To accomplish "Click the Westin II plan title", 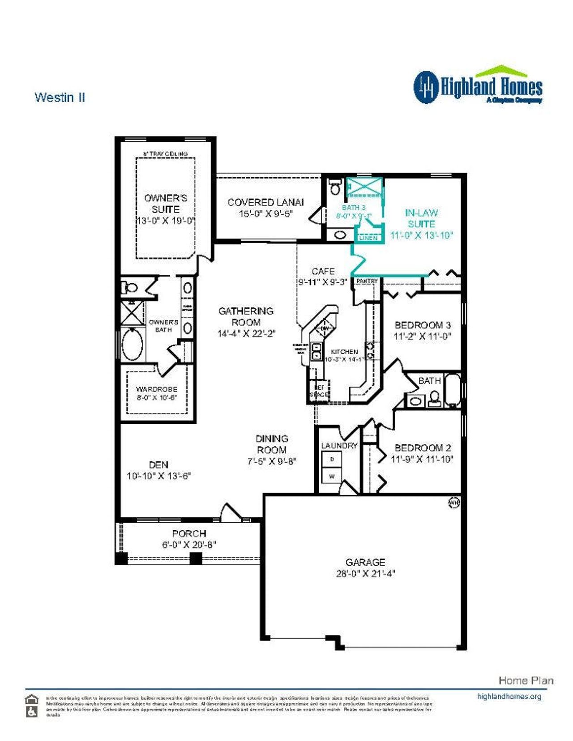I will click(60, 98).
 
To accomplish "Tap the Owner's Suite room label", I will click(166, 204).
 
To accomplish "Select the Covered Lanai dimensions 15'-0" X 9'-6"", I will click(265, 214).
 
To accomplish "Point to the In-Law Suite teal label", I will click(421, 218).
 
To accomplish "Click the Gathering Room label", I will click(246, 316).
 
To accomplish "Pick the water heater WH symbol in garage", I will click(453, 503).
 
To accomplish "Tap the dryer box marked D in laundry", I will click(332, 460).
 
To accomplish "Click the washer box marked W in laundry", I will click(332, 476).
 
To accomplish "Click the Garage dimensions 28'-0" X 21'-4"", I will click(365, 574).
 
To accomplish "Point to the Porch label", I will click(189, 533).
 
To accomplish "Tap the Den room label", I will click(158, 465).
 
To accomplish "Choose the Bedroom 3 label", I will click(422, 325).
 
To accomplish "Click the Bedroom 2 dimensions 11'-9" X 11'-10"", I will click(422, 459).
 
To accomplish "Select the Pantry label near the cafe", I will click(367, 281).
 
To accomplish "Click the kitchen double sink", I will click(316, 351).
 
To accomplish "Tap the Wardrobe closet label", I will click(157, 389).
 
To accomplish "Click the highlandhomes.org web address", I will click(509, 696).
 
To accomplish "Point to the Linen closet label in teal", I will click(368, 238).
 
